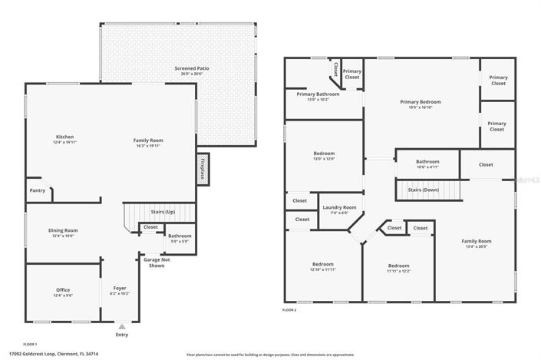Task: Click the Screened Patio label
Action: pos(192,68)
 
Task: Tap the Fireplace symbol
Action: pos(203,167)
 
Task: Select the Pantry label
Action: pos(36,190)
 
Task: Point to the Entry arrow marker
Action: pos(121,326)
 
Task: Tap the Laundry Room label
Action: pos(338,207)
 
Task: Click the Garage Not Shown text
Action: pos(156,263)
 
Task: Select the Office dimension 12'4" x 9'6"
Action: pos(63,296)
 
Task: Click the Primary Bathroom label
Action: pos(317,94)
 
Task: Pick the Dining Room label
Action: pos(63,230)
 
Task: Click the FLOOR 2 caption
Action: pos(289,310)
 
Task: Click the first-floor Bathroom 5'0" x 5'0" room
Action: pos(180,239)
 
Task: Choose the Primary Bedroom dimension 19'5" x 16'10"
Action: pos(421,107)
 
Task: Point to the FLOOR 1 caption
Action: pos(30,344)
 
